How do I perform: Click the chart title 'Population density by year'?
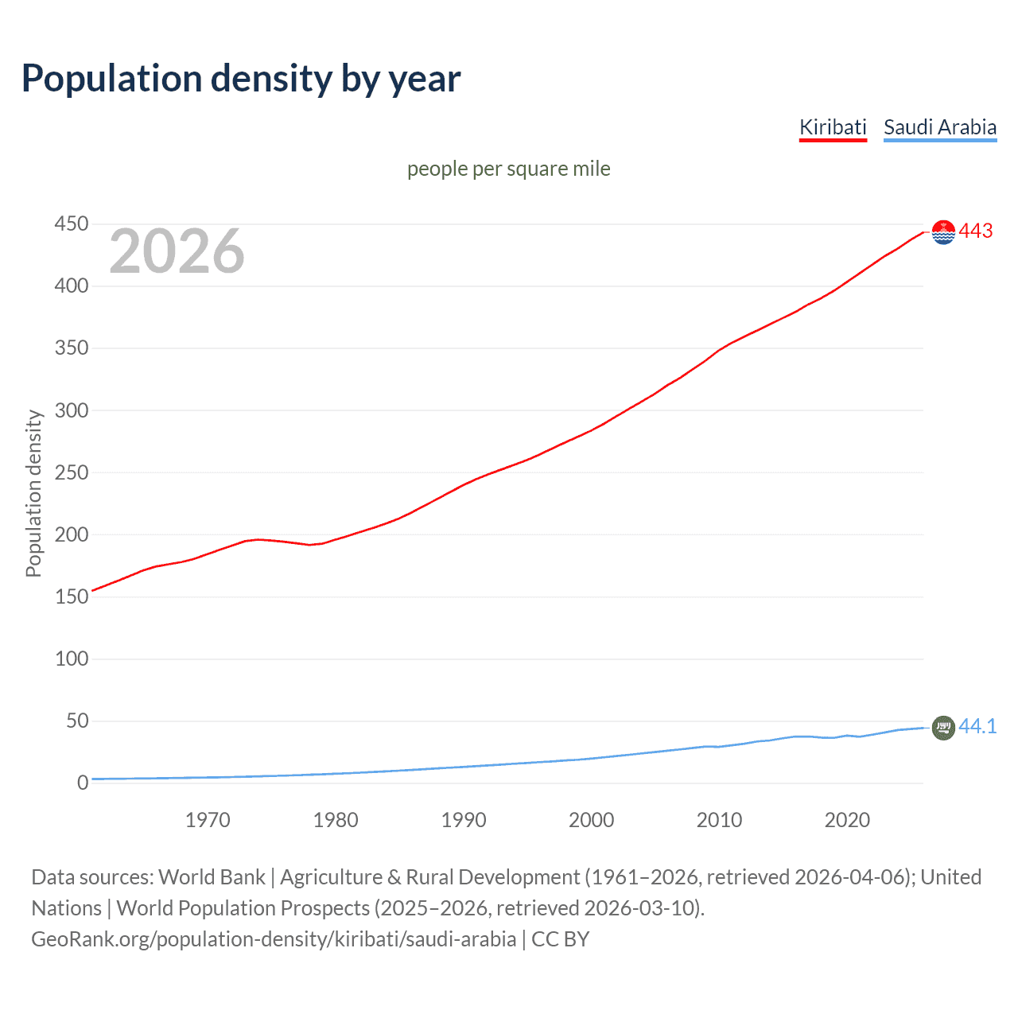[241, 79]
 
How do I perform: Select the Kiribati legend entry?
[833, 127]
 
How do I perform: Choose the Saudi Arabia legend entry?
[940, 127]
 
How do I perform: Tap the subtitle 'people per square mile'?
[508, 169]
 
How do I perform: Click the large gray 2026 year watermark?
[177, 251]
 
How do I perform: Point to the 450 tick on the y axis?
[72, 224]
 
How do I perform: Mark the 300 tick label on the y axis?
[72, 410]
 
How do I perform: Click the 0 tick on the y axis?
[83, 783]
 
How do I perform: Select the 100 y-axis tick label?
[72, 659]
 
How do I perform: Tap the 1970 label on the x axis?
[208, 820]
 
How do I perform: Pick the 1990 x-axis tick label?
[464, 820]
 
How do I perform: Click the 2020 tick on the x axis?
[847, 820]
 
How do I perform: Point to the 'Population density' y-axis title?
[33, 493]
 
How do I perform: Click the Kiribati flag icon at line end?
[943, 232]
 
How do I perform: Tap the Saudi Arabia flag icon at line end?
[943, 727]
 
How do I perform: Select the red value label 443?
[976, 231]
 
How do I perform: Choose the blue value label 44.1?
[977, 726]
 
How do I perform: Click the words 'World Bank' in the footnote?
[212, 877]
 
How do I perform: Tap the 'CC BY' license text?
[561, 939]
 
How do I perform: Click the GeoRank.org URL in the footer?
[274, 939]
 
